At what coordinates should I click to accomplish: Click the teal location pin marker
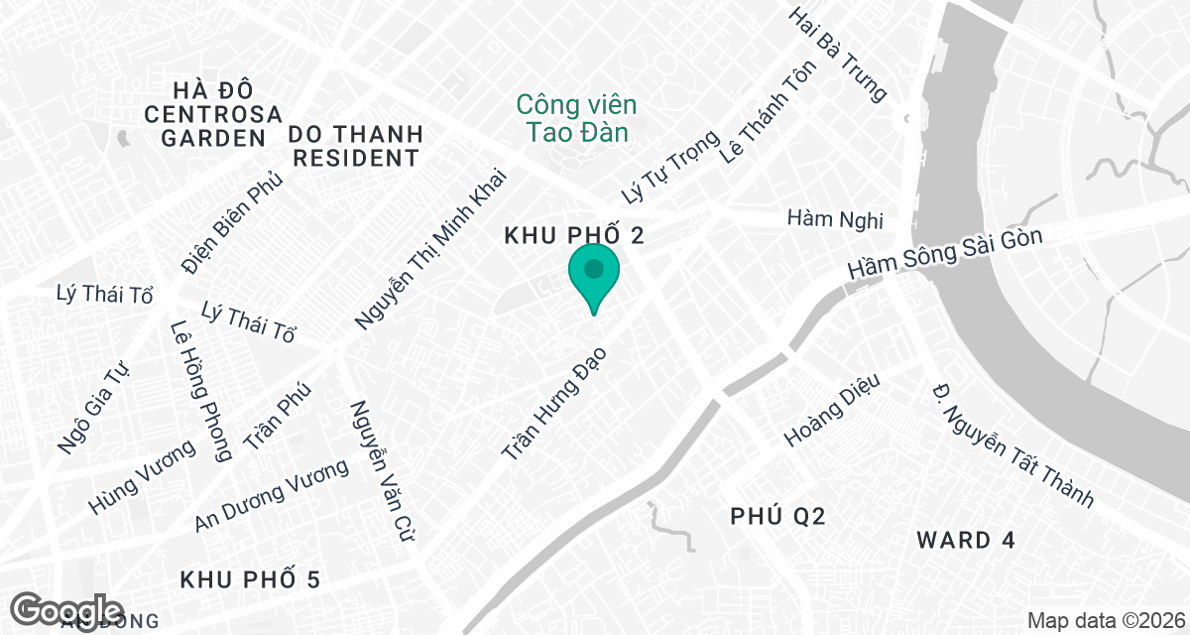pos(594,277)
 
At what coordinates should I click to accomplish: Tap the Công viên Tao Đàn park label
pos(576,117)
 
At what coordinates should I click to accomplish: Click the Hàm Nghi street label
pos(834,218)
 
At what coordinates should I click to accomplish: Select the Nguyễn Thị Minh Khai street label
pos(430,248)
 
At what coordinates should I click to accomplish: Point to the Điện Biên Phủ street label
pos(233,222)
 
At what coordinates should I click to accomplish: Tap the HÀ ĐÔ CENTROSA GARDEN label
pos(213,113)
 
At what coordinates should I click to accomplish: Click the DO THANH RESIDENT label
pos(355,146)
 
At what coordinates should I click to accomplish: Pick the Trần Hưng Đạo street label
pos(553,402)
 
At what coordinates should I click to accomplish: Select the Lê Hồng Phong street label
pos(200,390)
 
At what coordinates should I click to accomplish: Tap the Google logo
pos(66,610)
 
